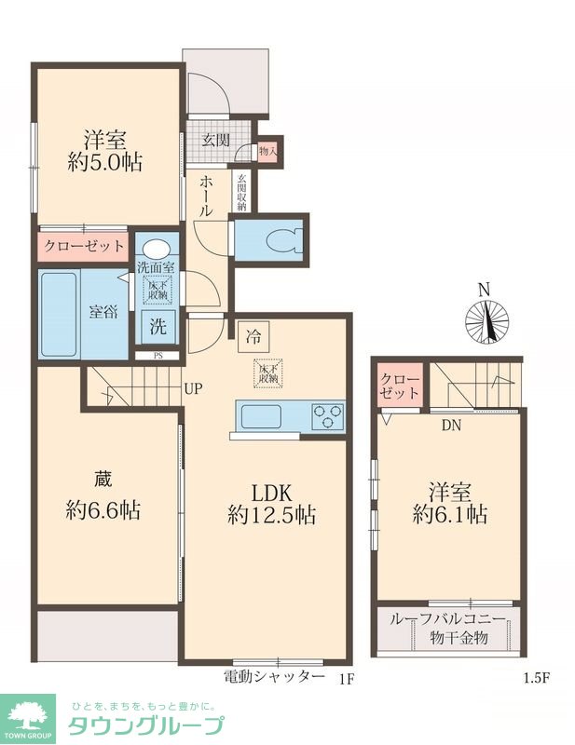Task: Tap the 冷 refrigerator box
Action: pos(253,337)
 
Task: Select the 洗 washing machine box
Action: pos(158,327)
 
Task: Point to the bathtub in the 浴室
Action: pos(59,314)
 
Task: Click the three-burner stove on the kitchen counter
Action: pos(327,416)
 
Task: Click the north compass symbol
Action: pos(486,321)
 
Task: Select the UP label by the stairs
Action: pos(194,389)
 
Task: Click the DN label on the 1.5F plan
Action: pos(451,426)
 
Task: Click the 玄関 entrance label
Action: pos(216,141)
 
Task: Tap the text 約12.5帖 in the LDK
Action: pos(271,515)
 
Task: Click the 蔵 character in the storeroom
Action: pos(103,480)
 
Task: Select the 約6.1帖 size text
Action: pos(449,514)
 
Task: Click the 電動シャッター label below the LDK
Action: pos(273,676)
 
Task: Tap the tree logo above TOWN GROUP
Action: pos(28,716)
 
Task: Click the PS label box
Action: pos(157,355)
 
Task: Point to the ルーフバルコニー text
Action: pos(447,619)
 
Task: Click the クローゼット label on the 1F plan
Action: pos(84,246)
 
